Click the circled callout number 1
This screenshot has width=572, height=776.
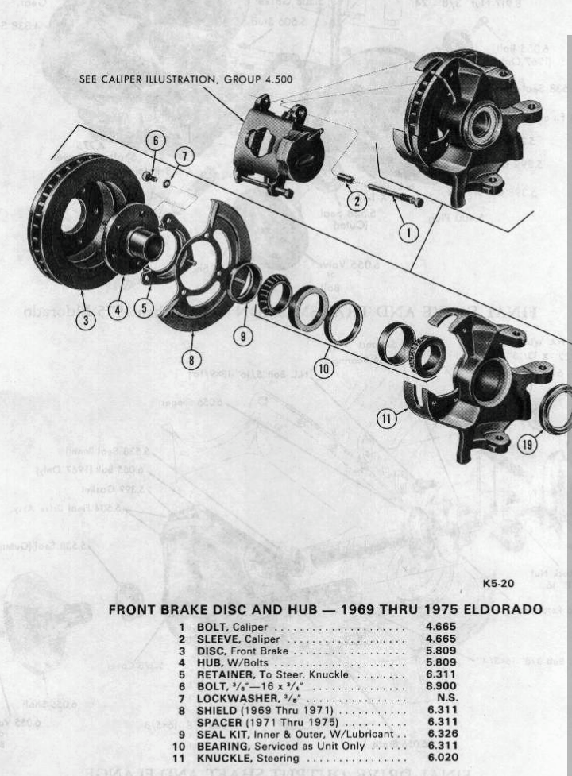click(x=408, y=233)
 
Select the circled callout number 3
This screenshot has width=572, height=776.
click(x=85, y=320)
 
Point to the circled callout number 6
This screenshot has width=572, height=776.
click(x=156, y=141)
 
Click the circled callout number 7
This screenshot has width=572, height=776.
click(x=183, y=157)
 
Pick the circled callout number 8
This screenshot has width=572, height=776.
click(x=191, y=360)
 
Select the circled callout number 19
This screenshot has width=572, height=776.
click(x=528, y=445)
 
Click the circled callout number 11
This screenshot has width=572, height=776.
click(x=385, y=418)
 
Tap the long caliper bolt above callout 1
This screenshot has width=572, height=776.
click(x=393, y=195)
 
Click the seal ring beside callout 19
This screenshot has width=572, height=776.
click(x=556, y=409)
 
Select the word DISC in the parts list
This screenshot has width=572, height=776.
click(x=211, y=649)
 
